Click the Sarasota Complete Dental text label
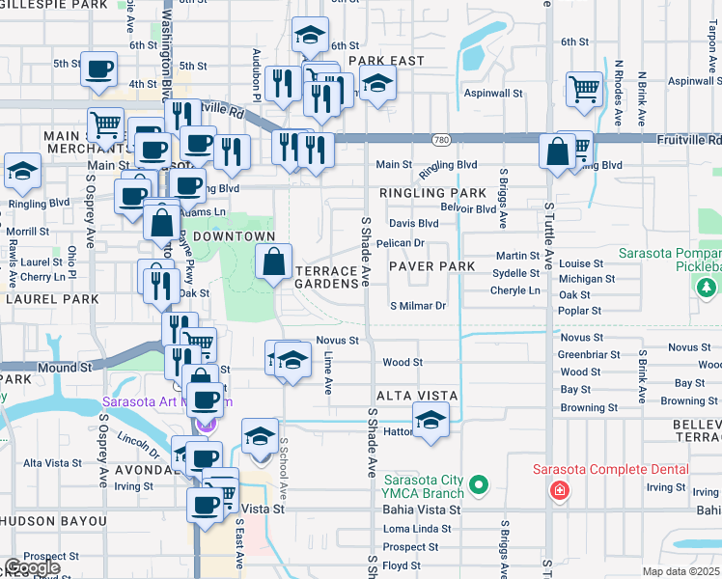tap(611, 470)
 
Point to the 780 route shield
tap(441, 140)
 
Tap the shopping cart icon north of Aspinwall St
tap(584, 89)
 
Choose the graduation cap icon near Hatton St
tap(430, 420)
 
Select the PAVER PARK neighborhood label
tap(431, 265)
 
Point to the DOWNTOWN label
tap(235, 236)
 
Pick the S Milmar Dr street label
tap(417, 306)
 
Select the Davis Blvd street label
tap(413, 223)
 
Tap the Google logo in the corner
tap(32, 567)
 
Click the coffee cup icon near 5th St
tap(99, 69)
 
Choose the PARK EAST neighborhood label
tap(386, 61)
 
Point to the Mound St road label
tap(65, 368)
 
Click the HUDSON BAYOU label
tap(53, 521)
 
